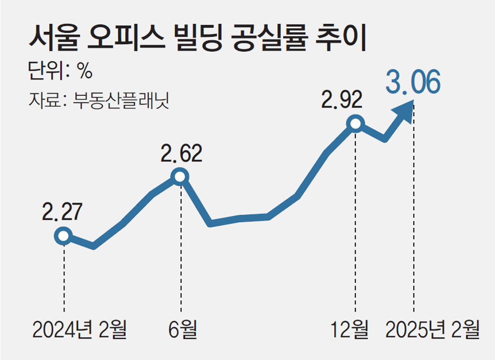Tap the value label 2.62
[x=181, y=154]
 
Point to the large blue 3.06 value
[x=413, y=83]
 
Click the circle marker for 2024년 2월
[x=63, y=236]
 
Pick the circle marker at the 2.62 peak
[x=180, y=176]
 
